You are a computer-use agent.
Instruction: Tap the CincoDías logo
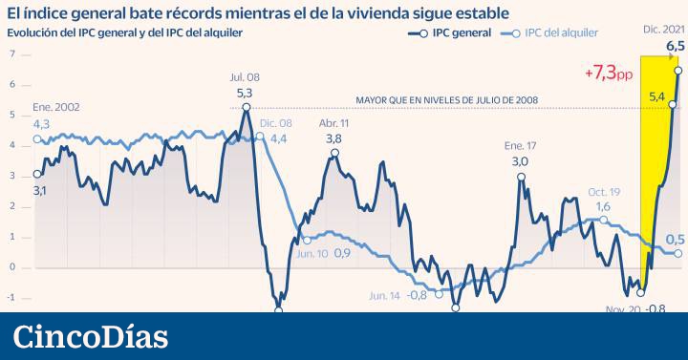(x=92, y=337)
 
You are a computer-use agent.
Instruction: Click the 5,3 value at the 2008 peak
(x=245, y=94)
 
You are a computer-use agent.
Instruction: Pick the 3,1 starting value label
(x=40, y=191)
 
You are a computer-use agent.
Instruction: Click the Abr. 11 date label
(x=333, y=123)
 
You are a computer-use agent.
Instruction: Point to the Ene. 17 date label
(x=520, y=146)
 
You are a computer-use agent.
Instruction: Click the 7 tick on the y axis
(x=12, y=54)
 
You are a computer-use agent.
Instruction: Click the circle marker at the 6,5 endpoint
(x=677, y=70)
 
